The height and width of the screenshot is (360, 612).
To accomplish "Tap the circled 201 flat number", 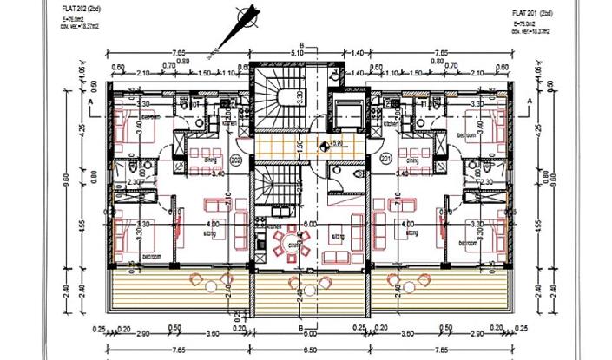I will pos(385,158).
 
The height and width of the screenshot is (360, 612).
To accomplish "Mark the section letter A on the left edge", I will pos(92,101).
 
